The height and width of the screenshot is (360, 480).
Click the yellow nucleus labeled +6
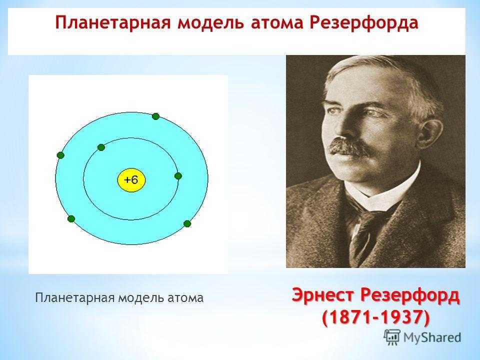(131, 180)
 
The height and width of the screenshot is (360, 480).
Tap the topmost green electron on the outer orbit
(155, 116)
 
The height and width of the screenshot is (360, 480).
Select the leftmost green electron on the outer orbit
(60, 155)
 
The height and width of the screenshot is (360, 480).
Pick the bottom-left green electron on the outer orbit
(71, 219)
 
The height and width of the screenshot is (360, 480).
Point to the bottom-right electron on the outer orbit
(187, 224)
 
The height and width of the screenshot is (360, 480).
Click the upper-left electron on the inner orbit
(101, 147)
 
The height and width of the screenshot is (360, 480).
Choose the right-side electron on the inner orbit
(178, 176)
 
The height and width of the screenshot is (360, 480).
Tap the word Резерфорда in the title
(363, 23)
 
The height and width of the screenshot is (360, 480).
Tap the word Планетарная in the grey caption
(75, 298)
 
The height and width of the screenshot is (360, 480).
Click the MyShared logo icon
(392, 337)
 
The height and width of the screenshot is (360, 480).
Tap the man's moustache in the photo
(348, 147)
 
